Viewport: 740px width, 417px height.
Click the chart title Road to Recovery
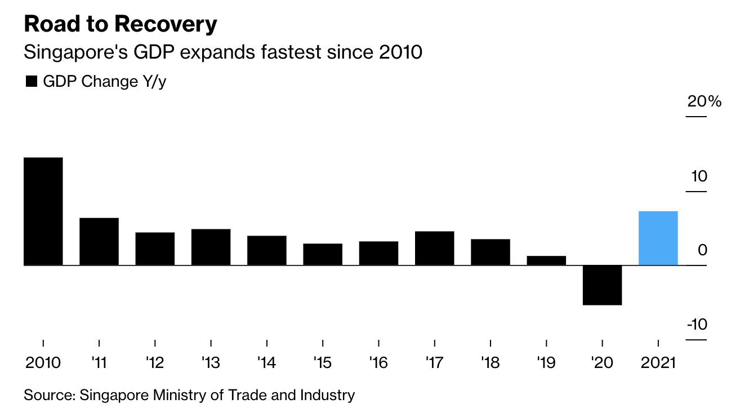point(120,24)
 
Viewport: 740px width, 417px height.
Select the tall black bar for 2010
point(43,211)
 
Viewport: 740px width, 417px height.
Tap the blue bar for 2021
point(658,238)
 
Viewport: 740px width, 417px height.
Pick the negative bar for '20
point(602,285)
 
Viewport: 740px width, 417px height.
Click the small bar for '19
point(546,260)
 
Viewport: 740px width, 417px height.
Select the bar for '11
point(99,241)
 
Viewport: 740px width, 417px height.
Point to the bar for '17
point(434,248)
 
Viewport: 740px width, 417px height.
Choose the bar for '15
point(323,254)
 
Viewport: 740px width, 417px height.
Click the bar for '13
point(211,247)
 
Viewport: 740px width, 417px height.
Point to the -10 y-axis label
point(696,325)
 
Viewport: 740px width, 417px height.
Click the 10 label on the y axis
point(698,176)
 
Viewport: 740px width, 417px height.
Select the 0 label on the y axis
point(702,250)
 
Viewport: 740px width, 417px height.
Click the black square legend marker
point(31,82)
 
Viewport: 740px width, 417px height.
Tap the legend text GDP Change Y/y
point(105,82)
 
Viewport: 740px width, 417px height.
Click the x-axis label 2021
point(658,362)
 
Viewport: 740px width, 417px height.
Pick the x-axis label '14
point(266,362)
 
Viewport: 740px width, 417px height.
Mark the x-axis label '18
point(490,362)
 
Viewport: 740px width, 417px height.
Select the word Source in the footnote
point(48,395)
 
